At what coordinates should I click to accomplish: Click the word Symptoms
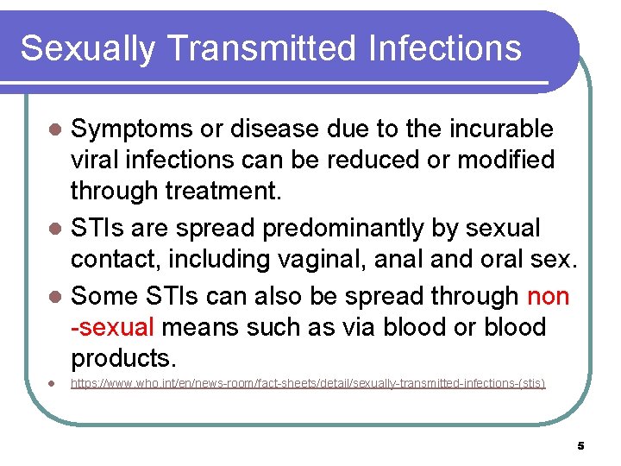pyautogui.click(x=130, y=129)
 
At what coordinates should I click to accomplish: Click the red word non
pyautogui.click(x=548, y=296)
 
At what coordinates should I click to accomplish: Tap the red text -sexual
pyautogui.click(x=112, y=327)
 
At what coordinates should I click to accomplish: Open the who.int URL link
pyautogui.click(x=308, y=382)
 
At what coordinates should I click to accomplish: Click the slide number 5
pyautogui.click(x=580, y=446)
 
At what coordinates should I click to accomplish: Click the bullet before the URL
pyautogui.click(x=53, y=383)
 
